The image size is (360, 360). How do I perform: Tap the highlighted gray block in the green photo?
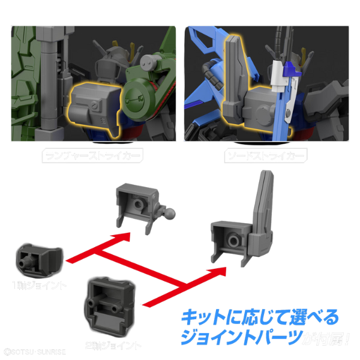coord(92,106)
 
